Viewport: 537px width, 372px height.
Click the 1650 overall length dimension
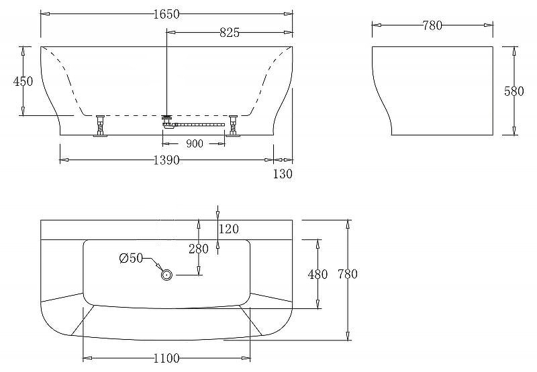coord(166,14)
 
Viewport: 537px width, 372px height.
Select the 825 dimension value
coord(230,32)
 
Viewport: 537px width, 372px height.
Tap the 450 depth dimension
coord(23,81)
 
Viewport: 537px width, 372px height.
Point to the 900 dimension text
coord(195,144)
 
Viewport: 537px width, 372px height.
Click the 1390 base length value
coord(166,160)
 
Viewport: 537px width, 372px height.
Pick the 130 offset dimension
coord(283,174)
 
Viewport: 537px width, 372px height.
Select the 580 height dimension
coord(514,91)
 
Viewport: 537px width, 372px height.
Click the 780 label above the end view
coord(432,25)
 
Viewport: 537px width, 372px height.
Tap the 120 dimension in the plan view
coord(229,229)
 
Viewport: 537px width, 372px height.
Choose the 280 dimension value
coord(199,249)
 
